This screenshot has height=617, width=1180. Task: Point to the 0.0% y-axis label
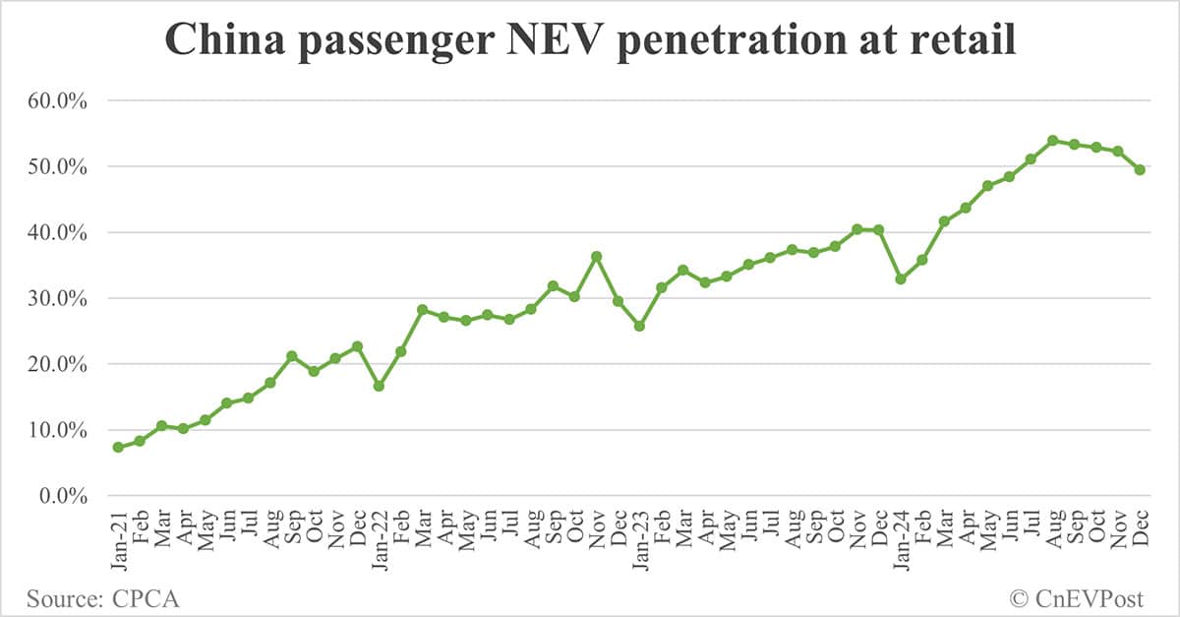65,495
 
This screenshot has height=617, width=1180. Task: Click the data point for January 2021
118,447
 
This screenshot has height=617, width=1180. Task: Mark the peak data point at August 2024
1052,141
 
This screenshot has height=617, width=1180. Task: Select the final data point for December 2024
1140,169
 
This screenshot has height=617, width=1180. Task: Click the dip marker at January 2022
379,386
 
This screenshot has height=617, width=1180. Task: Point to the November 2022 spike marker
596,256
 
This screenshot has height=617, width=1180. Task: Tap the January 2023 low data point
639,326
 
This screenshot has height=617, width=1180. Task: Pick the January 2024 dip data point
900,279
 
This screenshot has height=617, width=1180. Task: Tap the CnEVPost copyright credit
1080,597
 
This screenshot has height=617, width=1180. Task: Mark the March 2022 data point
422,310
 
